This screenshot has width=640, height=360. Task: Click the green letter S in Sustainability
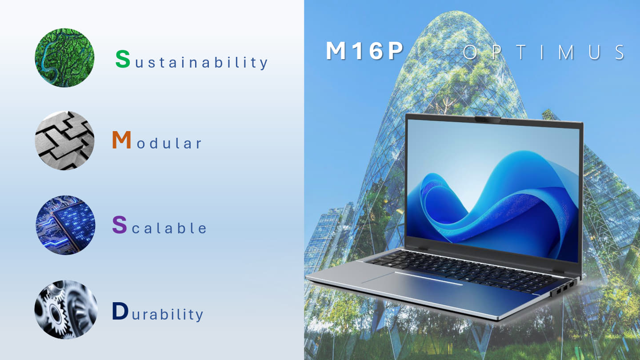[x=123, y=59]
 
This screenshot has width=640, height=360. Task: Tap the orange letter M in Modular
[x=121, y=140]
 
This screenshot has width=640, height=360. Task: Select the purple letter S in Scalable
[x=119, y=225]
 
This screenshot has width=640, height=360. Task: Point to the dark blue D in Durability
[x=120, y=311]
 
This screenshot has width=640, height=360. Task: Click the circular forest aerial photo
[x=65, y=58]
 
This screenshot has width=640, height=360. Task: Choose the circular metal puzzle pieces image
[x=65, y=140]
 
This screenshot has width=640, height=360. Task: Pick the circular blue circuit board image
[x=65, y=225]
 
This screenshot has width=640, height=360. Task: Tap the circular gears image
[x=66, y=309]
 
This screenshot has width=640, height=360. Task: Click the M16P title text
[x=364, y=52]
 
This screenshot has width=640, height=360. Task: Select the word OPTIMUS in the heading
[x=544, y=52]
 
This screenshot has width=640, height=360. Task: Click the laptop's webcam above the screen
[x=489, y=119]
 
